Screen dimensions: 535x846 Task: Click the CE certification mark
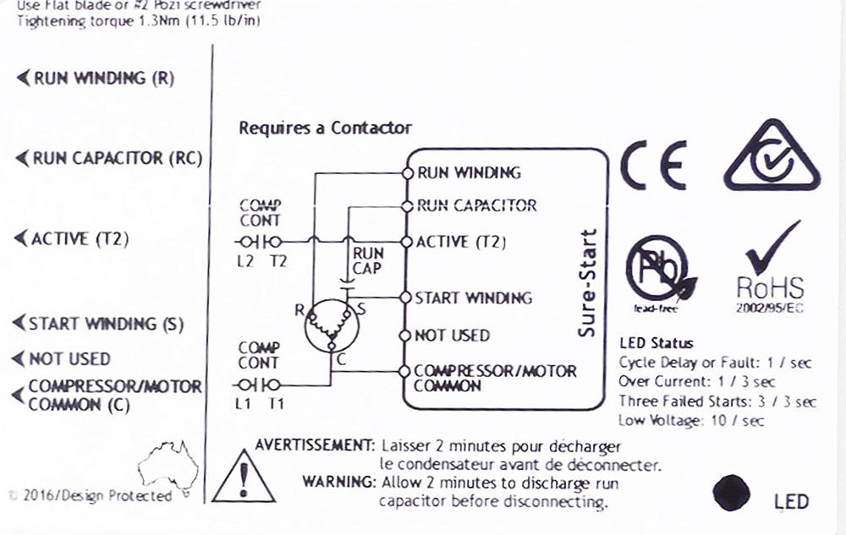(x=652, y=167)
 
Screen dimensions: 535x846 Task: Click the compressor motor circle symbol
(x=332, y=326)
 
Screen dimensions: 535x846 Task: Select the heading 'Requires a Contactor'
(x=325, y=128)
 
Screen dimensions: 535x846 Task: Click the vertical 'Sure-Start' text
(x=587, y=283)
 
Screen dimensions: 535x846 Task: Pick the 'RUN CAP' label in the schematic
(x=368, y=260)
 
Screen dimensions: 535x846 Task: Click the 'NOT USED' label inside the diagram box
(x=452, y=336)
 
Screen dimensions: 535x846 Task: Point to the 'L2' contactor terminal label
(x=245, y=262)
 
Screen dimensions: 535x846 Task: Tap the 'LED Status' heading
(x=656, y=343)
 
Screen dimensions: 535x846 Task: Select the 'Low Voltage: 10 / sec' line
(x=691, y=420)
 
